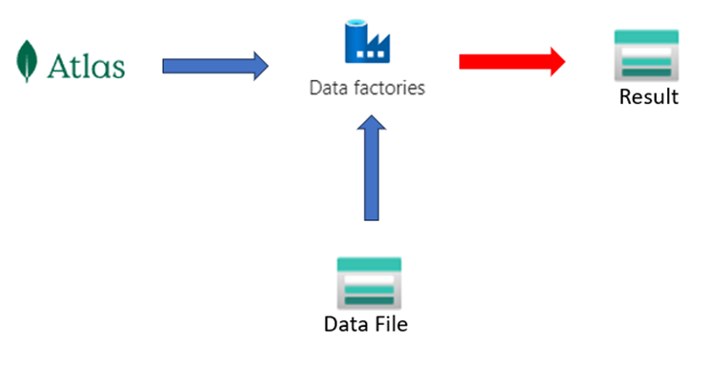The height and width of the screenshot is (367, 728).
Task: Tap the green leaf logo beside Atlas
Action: tap(26, 62)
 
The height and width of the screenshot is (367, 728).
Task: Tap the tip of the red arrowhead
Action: tap(564, 62)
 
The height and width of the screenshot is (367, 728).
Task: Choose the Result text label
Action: tap(648, 96)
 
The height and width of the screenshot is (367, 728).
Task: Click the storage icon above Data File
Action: tap(369, 282)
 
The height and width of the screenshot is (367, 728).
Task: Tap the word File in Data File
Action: tap(389, 324)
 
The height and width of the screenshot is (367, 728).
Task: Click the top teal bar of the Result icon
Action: tap(646, 36)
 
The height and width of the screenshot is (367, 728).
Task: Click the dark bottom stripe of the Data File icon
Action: tap(369, 300)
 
